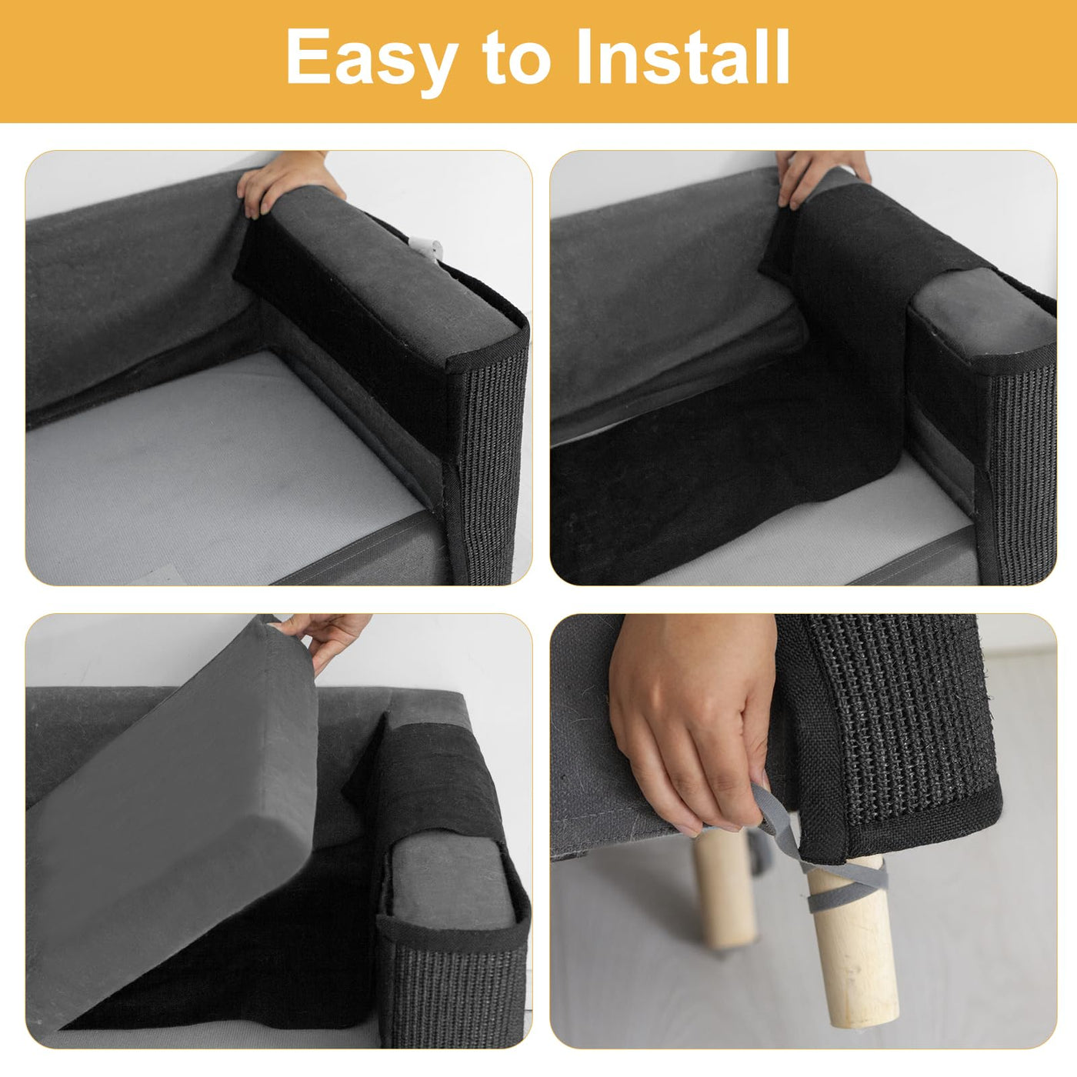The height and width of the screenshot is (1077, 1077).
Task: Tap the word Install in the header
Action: tap(683, 56)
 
